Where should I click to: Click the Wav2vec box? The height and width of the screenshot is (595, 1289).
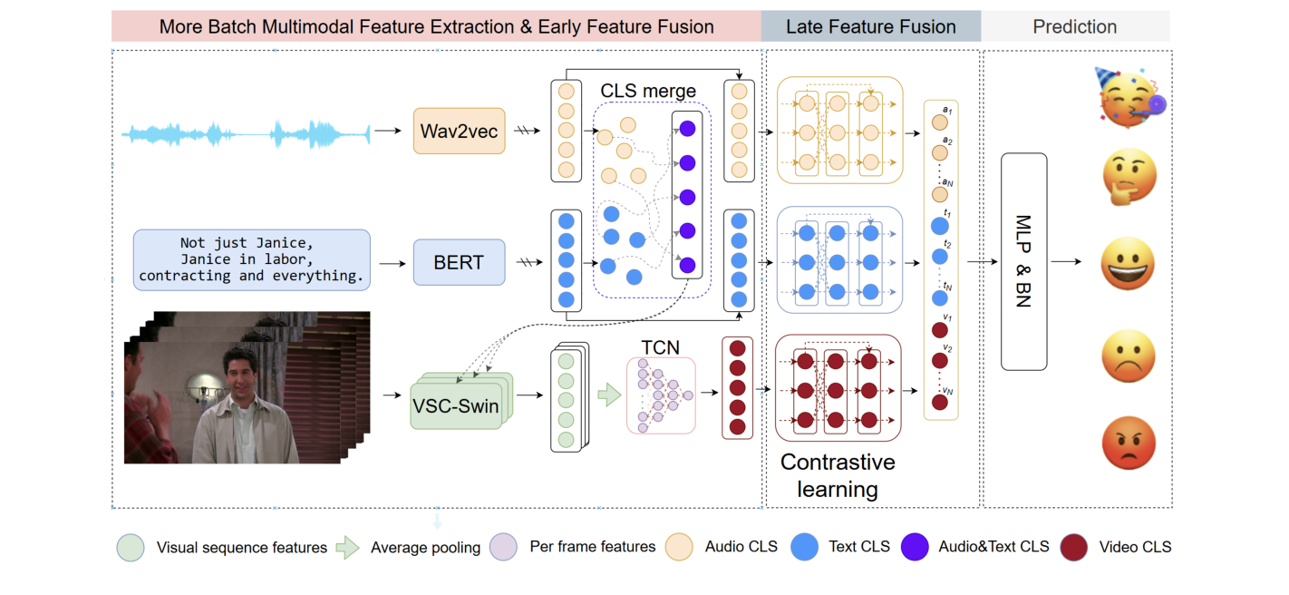[x=459, y=132]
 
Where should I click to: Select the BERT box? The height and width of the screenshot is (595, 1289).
[x=459, y=262]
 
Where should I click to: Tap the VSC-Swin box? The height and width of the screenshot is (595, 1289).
[x=456, y=405]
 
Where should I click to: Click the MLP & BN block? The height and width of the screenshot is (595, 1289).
[x=1023, y=261]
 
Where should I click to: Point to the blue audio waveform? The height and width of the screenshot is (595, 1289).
[x=246, y=135]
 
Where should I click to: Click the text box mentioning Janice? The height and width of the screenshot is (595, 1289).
[x=251, y=259]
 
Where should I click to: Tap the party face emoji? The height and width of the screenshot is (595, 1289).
[x=1129, y=95]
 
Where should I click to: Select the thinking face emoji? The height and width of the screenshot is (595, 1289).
[x=1129, y=178]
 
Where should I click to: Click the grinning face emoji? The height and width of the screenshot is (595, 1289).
[x=1129, y=264]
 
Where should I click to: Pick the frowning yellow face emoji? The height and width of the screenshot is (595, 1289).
[x=1129, y=355]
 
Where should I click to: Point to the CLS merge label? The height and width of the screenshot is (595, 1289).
[x=647, y=92]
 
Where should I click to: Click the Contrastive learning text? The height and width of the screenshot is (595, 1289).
[x=837, y=475]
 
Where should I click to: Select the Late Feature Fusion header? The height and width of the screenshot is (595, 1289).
[x=870, y=26]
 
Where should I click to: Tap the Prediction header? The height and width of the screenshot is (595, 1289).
[x=1074, y=26]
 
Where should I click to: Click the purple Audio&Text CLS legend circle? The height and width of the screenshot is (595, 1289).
[x=915, y=547]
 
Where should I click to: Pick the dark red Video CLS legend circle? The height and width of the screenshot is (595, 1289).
[x=1073, y=547]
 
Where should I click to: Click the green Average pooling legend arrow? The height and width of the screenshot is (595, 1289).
[x=348, y=547]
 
